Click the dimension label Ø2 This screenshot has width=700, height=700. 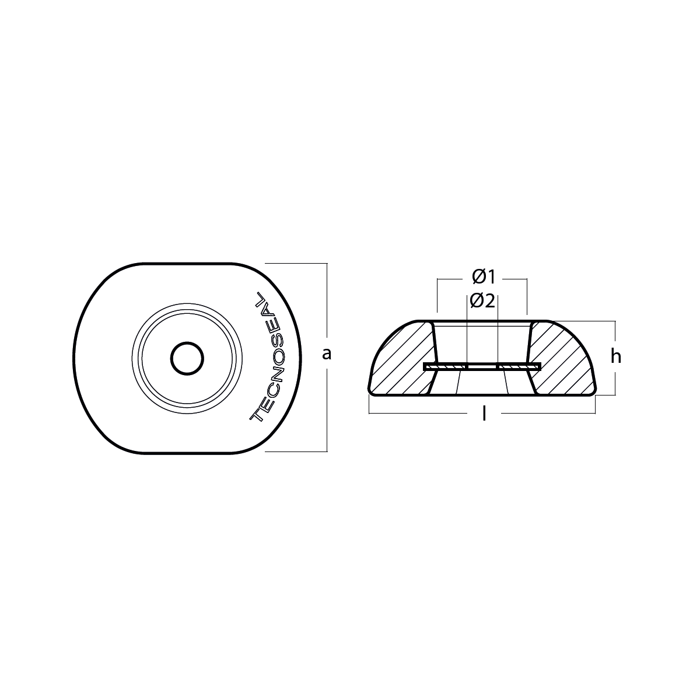click(482, 301)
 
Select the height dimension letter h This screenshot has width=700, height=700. click(615, 356)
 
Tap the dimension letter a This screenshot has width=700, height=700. click(327, 353)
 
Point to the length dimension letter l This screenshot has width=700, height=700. click(483, 414)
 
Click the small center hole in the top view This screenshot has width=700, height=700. click(187, 358)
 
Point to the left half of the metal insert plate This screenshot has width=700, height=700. click(447, 366)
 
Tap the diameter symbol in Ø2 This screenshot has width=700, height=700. click(477, 301)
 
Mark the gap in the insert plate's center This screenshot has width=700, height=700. click(482, 366)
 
